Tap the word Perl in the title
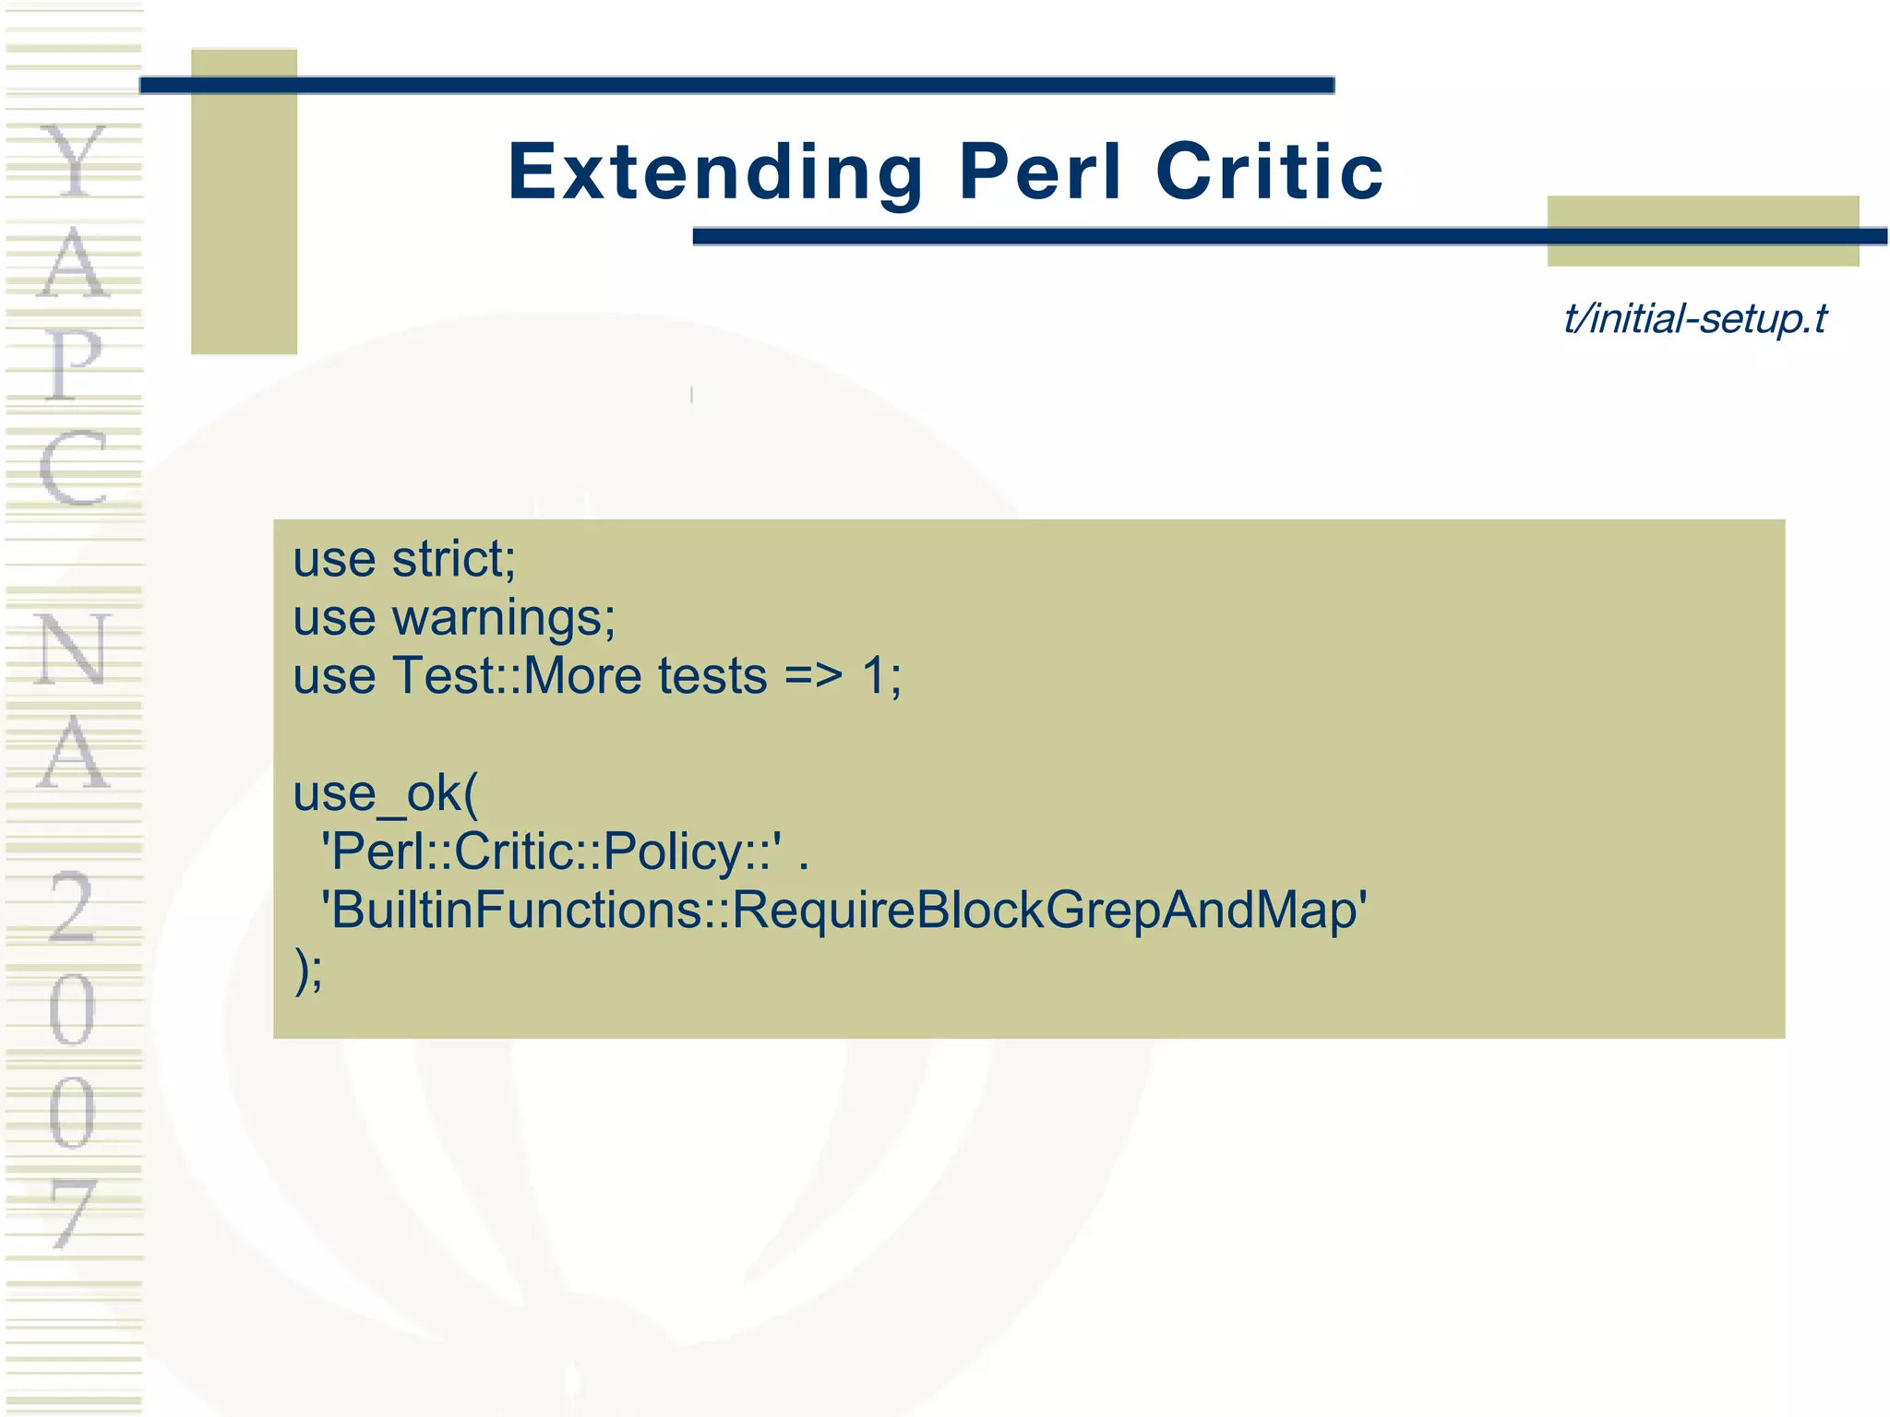click(x=1040, y=172)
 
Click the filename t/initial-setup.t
click(x=1695, y=319)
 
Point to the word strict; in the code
click(x=453, y=559)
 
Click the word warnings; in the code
click(x=504, y=617)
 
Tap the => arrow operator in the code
click(x=813, y=676)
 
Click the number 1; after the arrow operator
click(x=881, y=676)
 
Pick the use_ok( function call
click(x=386, y=792)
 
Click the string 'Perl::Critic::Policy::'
click(x=551, y=851)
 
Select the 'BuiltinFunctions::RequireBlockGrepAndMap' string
click(x=843, y=910)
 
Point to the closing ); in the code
click(x=308, y=970)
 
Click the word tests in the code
click(x=712, y=676)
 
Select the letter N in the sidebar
click(x=72, y=649)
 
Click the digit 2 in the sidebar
click(x=72, y=908)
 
